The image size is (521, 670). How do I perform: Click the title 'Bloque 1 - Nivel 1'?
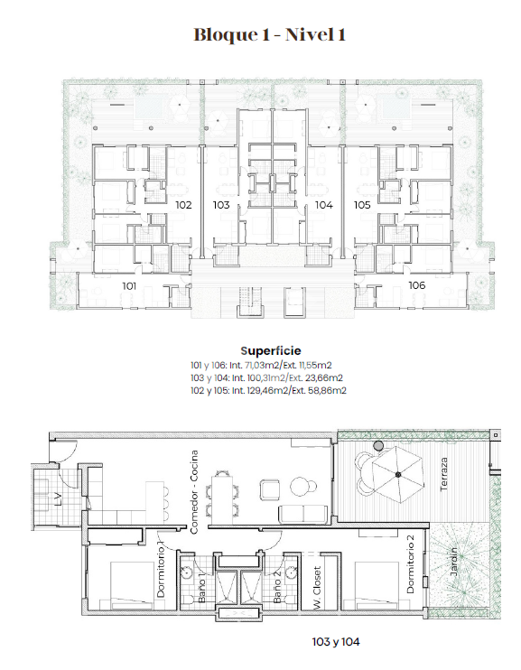click(x=269, y=34)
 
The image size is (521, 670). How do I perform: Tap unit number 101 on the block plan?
click(x=129, y=286)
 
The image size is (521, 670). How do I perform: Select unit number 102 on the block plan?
click(x=184, y=205)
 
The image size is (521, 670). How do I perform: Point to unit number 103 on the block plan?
click(x=221, y=205)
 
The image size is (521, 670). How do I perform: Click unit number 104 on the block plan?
click(x=324, y=205)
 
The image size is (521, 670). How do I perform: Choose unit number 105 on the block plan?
click(x=362, y=205)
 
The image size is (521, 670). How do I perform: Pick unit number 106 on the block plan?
click(x=417, y=285)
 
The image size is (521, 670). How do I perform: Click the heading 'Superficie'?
click(x=271, y=351)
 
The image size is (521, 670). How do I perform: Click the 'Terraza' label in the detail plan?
click(x=444, y=474)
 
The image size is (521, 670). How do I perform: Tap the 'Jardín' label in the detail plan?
click(x=454, y=562)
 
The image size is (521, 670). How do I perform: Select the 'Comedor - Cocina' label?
click(x=194, y=492)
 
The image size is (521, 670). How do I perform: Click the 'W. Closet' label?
click(x=317, y=588)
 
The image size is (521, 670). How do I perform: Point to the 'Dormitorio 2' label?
click(x=411, y=564)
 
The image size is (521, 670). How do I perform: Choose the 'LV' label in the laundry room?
click(x=59, y=499)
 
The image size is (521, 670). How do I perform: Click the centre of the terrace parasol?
click(x=398, y=474)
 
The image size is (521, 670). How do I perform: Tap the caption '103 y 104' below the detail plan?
click(x=336, y=642)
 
